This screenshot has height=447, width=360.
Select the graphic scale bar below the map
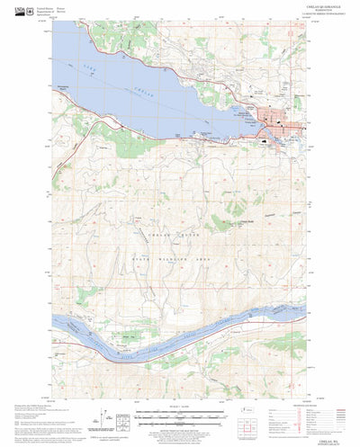pyautogui.click(x=180, y=416)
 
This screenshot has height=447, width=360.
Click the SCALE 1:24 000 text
pyautogui.click(x=180, y=409)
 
